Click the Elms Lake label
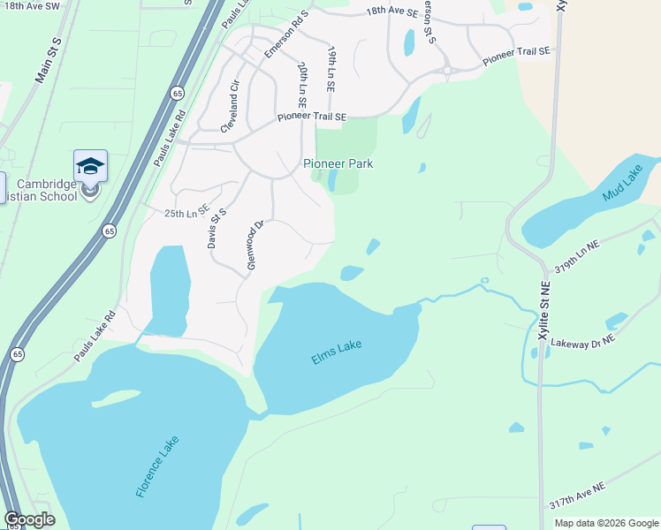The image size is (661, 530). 338,352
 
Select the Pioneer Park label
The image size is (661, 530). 338,163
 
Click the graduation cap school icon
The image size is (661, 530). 90,165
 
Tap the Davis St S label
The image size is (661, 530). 217,228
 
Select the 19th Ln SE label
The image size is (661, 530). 332,72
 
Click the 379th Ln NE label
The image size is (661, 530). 576,256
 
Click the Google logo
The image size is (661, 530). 29,519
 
